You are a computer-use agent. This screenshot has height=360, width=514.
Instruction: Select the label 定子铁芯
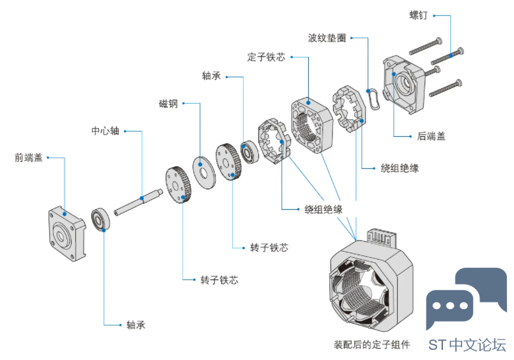click(265, 56)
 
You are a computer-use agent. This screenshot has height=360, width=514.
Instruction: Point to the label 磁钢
click(168, 103)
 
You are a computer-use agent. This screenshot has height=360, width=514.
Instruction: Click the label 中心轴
click(105, 131)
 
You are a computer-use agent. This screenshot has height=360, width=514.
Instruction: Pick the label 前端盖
click(28, 157)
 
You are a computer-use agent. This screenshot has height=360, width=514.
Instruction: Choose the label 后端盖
click(431, 136)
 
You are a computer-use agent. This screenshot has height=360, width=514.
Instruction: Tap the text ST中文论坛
click(467, 344)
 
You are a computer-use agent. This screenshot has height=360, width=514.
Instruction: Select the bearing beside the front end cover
click(102, 218)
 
